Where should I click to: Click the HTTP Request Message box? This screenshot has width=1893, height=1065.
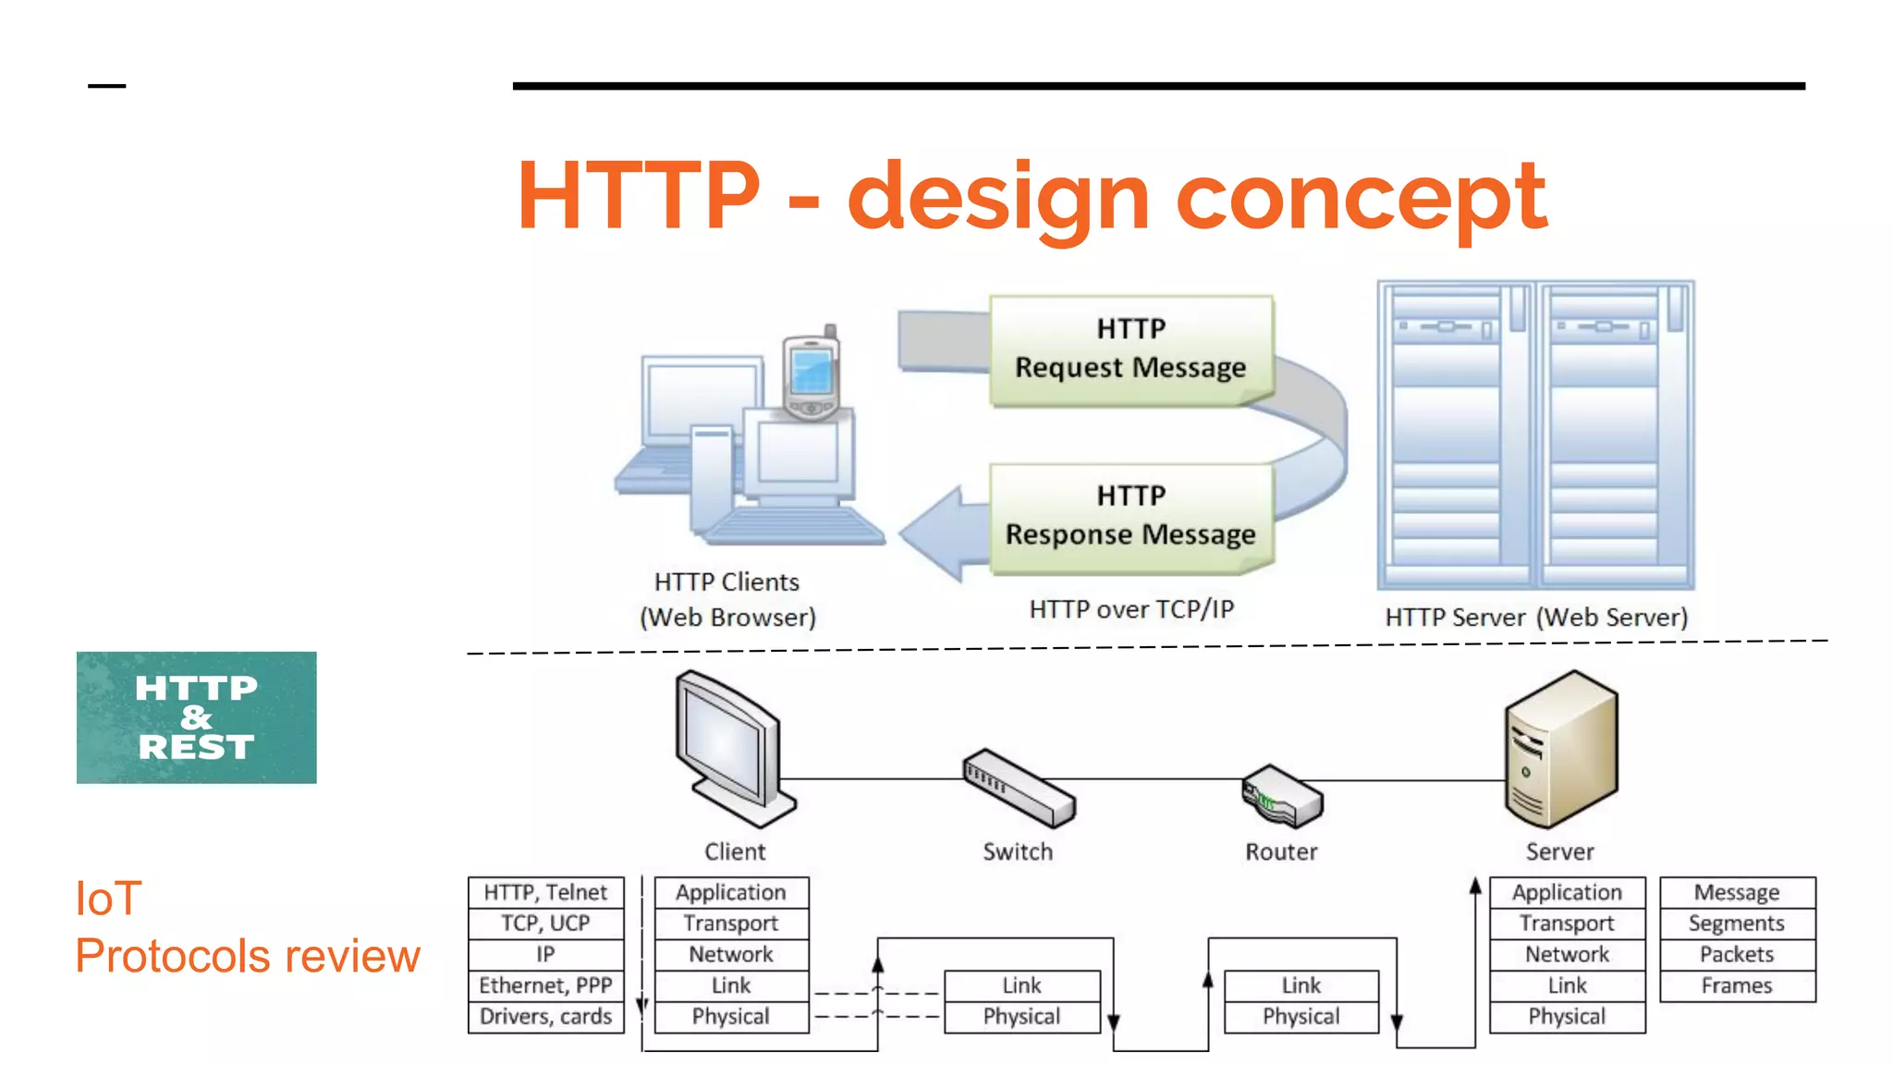point(1130,349)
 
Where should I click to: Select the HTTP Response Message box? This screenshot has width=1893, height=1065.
point(1130,517)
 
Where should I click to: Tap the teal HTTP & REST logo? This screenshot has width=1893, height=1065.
point(196,717)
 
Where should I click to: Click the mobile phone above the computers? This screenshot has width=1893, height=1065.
point(811,374)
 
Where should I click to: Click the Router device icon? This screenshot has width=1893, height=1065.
point(1283,796)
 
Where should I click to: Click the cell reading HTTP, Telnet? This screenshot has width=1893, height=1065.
point(545,892)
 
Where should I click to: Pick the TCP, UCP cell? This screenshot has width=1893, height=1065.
point(545,924)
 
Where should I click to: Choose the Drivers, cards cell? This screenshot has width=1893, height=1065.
point(545,1017)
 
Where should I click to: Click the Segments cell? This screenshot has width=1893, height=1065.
point(1737,924)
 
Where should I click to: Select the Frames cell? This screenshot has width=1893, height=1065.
point(1737,985)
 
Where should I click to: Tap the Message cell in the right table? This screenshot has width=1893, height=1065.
point(1737,892)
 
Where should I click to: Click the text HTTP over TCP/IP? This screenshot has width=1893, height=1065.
point(1131,609)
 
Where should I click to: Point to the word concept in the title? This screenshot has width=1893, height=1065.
point(1361,196)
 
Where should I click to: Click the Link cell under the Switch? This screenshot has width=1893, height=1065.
point(1021,985)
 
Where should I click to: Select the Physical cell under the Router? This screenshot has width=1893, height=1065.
point(1301,1017)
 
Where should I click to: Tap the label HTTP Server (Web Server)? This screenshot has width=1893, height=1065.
point(1536,618)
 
